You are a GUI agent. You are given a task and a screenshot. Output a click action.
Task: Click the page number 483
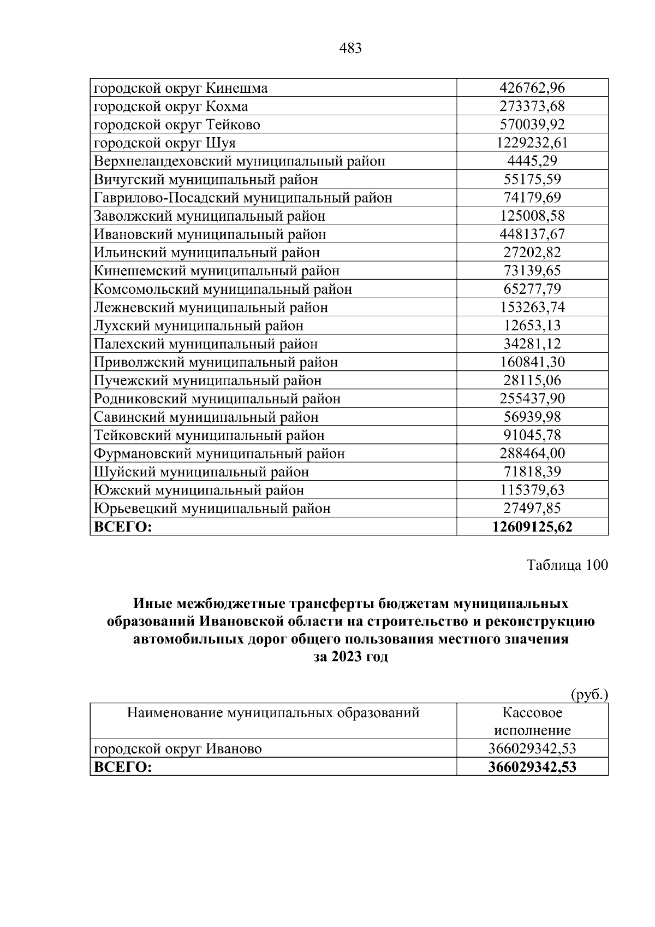(x=350, y=49)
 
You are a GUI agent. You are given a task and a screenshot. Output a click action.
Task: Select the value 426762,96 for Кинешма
(x=532, y=88)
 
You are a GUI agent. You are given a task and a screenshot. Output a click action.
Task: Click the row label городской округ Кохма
(x=171, y=106)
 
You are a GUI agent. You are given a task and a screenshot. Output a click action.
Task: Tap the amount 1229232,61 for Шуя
(x=532, y=143)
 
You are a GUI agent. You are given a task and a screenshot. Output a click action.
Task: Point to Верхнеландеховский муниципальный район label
(x=240, y=161)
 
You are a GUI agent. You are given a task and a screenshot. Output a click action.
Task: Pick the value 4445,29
(x=532, y=161)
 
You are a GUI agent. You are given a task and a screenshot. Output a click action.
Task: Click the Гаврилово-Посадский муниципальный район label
(x=243, y=198)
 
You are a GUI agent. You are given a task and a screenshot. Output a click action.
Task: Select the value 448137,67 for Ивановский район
(x=532, y=234)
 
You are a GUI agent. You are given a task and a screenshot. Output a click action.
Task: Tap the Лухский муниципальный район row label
(x=199, y=326)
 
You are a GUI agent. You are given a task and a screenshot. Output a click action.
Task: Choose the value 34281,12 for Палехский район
(x=532, y=344)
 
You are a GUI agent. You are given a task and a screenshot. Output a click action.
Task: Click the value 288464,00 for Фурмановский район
(x=532, y=453)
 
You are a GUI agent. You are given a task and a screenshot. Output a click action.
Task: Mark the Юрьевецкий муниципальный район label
(x=212, y=509)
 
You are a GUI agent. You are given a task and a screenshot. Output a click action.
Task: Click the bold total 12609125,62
(x=532, y=527)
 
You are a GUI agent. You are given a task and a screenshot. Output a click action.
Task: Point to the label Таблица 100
(x=567, y=565)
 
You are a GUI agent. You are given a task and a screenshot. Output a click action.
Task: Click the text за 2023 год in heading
(x=350, y=657)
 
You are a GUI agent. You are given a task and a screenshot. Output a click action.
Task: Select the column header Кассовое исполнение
(x=532, y=721)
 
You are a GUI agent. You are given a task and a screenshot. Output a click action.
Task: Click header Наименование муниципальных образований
(x=273, y=712)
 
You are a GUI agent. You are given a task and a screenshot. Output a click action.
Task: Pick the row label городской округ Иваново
(x=178, y=748)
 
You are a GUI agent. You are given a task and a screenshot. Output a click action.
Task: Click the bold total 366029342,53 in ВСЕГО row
(x=532, y=767)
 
